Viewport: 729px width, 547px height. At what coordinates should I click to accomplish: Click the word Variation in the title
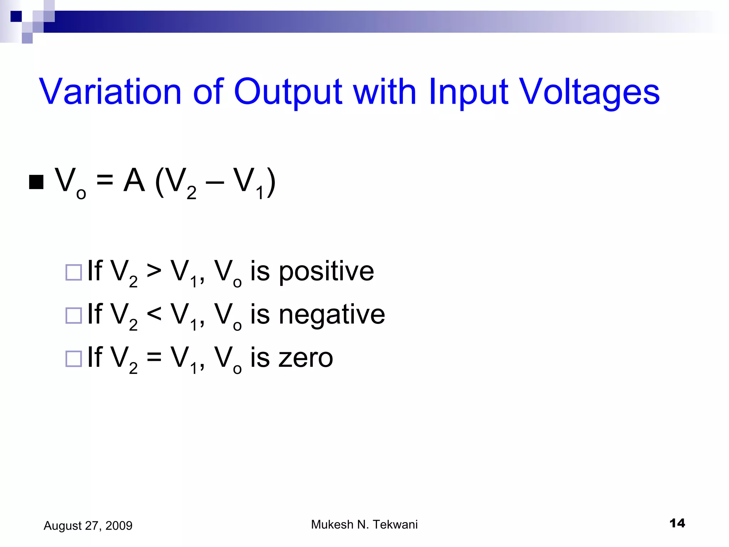[110, 92]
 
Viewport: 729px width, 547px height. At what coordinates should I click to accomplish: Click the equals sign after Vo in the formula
[105, 180]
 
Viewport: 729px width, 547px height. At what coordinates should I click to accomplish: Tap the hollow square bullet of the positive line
[74, 272]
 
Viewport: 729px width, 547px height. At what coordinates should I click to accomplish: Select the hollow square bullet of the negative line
[74, 316]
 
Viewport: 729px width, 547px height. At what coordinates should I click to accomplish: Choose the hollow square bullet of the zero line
[74, 359]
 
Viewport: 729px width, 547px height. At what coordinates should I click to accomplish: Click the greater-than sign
[154, 271]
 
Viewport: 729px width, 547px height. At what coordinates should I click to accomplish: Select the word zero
[305, 358]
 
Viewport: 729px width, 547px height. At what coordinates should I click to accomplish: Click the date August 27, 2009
[88, 526]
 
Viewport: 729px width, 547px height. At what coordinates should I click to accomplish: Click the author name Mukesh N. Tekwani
[364, 525]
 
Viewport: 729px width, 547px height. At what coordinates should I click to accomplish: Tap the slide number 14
[677, 523]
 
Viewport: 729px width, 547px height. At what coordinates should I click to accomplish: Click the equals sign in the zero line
[154, 357]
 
